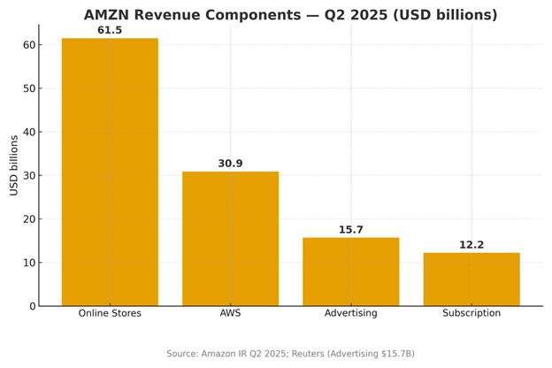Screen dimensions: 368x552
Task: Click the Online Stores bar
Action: click(110, 172)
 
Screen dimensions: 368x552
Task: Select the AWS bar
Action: click(230, 239)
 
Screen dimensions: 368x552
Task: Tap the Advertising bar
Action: click(350, 272)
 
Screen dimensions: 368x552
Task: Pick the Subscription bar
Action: click(471, 280)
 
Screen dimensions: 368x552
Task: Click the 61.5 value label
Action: click(110, 31)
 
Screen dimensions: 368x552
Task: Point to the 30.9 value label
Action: click(230, 164)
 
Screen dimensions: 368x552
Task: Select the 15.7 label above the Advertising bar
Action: click(350, 230)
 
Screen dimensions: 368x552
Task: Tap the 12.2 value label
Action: click(471, 245)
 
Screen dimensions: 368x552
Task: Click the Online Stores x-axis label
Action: click(110, 313)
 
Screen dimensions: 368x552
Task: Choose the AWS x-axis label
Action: click(230, 313)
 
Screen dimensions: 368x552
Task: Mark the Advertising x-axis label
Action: click(350, 313)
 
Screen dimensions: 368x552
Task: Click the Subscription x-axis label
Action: click(471, 313)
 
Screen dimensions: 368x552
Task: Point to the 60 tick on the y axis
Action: click(29, 45)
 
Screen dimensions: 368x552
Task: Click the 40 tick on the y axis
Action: click(29, 132)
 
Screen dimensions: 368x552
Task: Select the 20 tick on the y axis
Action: click(29, 219)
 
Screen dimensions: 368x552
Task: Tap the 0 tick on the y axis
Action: click(33, 306)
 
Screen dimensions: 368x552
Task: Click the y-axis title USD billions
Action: click(14, 165)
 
